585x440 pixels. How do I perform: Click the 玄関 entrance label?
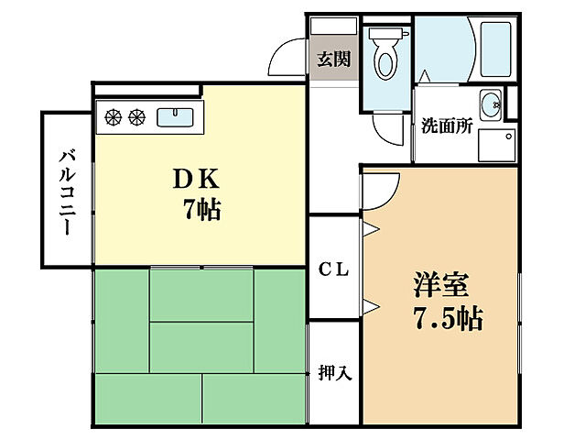pyautogui.click(x=333, y=60)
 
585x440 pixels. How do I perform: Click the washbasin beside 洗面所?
pyautogui.click(x=490, y=103)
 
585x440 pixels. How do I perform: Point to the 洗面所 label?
pyautogui.click(x=446, y=126)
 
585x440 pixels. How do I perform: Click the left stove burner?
pyautogui.click(x=114, y=116)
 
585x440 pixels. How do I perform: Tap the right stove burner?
pyautogui.click(x=136, y=116)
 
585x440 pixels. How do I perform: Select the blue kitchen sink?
pyautogui.click(x=173, y=116)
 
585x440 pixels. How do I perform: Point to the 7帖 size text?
pyautogui.click(x=200, y=210)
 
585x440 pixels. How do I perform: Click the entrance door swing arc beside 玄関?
pyautogui.click(x=287, y=60)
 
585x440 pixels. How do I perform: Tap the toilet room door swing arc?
pyautogui.click(x=390, y=126)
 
